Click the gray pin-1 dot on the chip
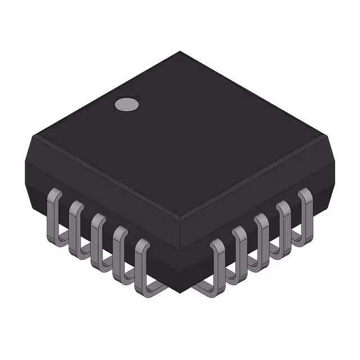[x=127, y=104]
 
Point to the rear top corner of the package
[x=180, y=52]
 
